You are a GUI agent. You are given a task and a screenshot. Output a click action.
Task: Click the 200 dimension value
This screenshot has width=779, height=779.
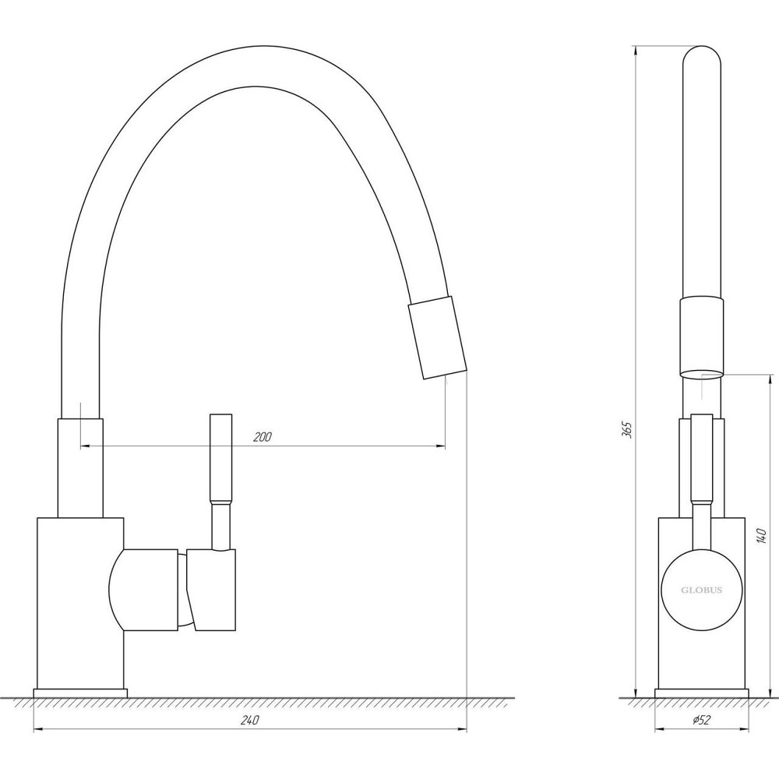[x=263, y=437]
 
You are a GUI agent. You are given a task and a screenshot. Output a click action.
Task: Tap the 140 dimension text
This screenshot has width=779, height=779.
[x=761, y=535]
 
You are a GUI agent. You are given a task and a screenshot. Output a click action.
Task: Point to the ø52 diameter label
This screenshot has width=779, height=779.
[x=701, y=720]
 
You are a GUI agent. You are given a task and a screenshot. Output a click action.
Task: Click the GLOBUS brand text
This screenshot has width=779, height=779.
[x=702, y=590]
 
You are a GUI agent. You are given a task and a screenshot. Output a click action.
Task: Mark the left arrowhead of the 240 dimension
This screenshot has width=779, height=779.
[x=38, y=729]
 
